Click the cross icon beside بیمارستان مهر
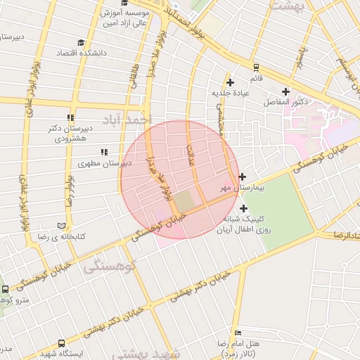(x=243, y=176)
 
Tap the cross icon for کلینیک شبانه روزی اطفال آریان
(x=243, y=208)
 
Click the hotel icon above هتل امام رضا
(x=238, y=333)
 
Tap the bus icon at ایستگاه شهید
(x=62, y=344)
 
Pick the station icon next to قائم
(x=256, y=67)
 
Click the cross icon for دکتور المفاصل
(x=285, y=91)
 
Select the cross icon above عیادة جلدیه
(x=230, y=83)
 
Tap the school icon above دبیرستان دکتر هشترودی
(x=70, y=117)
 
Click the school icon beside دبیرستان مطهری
(x=104, y=152)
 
